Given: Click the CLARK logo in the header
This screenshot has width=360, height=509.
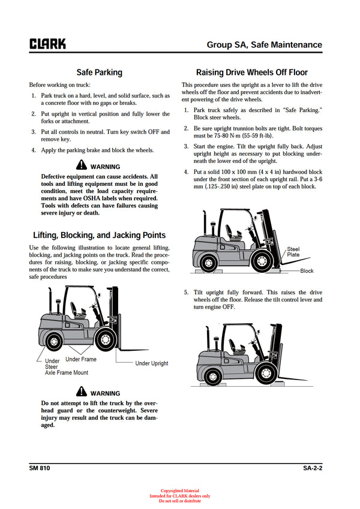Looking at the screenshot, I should pos(47,44).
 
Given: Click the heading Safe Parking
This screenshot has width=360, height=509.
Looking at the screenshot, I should pos(99,73).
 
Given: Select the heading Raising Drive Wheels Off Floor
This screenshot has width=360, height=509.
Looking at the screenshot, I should pos(252,73).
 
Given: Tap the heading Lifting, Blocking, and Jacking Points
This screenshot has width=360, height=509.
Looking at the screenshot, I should pos(99,235).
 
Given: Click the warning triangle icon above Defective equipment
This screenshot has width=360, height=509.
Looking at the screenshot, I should pos(81,166).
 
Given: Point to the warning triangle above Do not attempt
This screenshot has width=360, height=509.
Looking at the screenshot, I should pos(81,393).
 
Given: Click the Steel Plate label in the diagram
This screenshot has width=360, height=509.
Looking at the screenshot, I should pos(293,252).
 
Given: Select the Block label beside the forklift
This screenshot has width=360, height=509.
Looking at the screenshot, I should pos(307,271).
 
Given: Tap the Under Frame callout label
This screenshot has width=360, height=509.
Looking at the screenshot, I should pos(81,359).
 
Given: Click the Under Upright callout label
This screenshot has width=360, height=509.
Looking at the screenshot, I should pos(151,363).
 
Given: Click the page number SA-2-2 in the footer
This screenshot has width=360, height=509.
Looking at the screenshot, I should pos(312,468).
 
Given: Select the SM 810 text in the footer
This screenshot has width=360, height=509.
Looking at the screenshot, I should pos(40,468).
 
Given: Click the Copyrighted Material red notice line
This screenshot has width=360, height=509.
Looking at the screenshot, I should pos(179,490).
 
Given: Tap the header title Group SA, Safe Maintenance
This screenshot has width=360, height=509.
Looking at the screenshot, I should pos(264,45).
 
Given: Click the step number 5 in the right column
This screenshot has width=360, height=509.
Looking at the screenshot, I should pos(186,293).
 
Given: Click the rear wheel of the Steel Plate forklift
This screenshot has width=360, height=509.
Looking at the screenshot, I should pos(208,261).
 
